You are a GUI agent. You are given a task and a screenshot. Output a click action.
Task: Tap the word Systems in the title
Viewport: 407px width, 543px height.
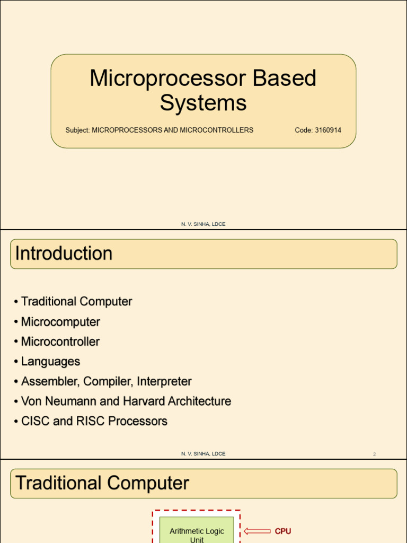(203, 102)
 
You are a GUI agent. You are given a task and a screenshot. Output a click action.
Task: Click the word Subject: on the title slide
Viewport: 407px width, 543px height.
(77, 130)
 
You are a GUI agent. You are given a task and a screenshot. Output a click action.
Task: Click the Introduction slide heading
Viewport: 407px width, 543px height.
(64, 253)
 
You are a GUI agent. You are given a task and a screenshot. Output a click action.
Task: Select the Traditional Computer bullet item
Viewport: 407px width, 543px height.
(76, 302)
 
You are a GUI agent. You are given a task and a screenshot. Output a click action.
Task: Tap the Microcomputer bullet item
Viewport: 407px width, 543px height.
(60, 322)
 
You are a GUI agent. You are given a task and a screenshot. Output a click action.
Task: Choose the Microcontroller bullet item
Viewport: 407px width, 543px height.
(60, 341)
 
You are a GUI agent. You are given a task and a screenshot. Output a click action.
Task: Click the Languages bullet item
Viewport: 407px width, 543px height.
(50, 362)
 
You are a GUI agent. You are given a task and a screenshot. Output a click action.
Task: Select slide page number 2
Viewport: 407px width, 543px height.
(374, 454)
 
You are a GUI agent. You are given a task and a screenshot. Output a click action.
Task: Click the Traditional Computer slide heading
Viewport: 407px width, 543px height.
(102, 483)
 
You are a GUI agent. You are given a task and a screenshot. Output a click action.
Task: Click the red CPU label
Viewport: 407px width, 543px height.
(283, 531)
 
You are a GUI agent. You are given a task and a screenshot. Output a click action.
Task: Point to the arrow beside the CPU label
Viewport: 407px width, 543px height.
(257, 531)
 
